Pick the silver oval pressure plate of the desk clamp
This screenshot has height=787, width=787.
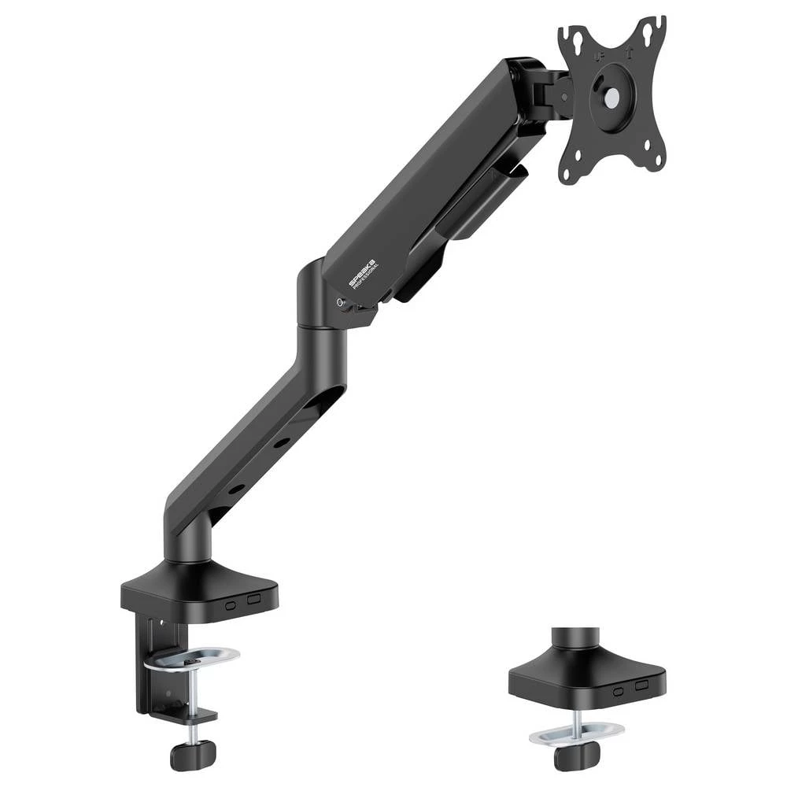[192, 658]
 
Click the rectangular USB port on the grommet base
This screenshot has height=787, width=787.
[642, 685]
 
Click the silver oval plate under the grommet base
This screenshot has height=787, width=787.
[576, 733]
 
